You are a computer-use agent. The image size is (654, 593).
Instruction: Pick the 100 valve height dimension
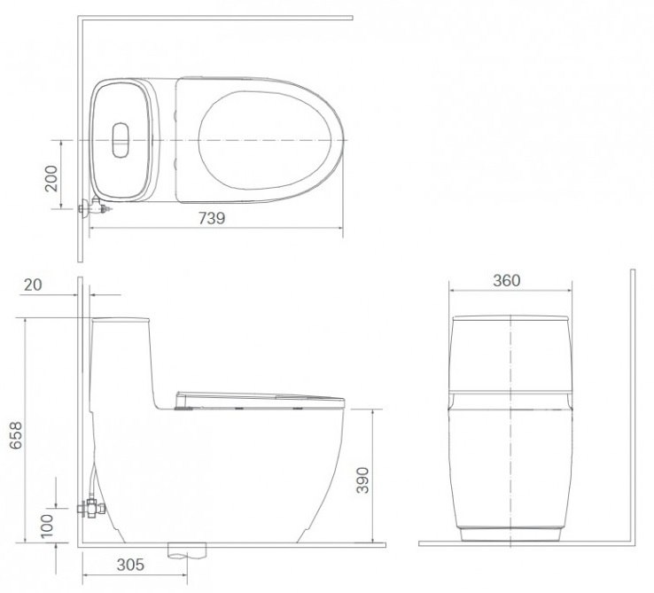coord(47,525)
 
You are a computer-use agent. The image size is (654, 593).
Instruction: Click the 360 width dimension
coord(506,281)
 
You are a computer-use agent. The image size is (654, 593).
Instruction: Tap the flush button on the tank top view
coord(121,140)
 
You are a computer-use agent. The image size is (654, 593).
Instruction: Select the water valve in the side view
coord(90,507)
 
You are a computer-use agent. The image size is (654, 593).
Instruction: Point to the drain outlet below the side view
coord(187,550)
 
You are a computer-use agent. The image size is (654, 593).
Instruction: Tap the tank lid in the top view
coord(121,140)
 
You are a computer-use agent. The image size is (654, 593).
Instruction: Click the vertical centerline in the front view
coord(510,425)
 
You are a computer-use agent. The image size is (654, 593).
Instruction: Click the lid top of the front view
coord(510,317)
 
